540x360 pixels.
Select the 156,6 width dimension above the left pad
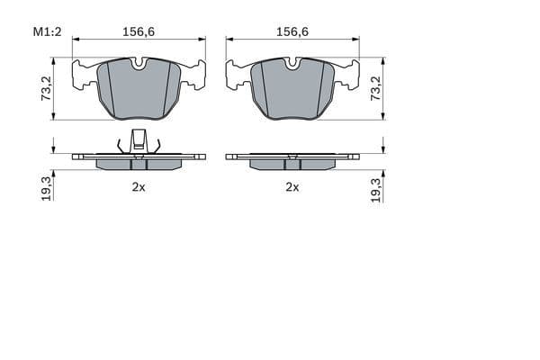tap(139, 31)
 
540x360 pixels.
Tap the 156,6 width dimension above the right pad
tap(292, 31)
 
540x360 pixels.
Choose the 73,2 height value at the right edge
tap(376, 88)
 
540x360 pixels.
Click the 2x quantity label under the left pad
tap(139, 187)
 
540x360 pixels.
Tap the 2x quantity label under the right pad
tap(292, 187)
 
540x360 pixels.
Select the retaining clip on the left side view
tap(139, 141)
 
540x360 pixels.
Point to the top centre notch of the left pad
tap(139, 64)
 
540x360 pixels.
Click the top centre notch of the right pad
tap(292, 64)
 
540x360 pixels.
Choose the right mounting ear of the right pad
tap(348, 74)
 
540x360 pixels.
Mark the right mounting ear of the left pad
tap(194, 74)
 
